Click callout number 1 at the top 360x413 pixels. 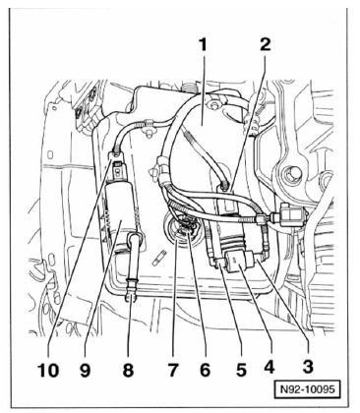point(204,45)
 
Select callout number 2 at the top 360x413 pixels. point(266,44)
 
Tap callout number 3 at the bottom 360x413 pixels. point(308,366)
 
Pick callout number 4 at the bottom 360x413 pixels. point(269,367)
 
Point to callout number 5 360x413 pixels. point(241,370)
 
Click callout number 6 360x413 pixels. point(205,370)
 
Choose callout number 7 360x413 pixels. point(173,371)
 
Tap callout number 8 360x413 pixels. point(128,371)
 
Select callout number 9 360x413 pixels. point(85,371)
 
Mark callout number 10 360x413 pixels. point(48,371)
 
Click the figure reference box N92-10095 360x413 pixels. point(306,389)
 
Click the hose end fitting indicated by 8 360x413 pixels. point(132,288)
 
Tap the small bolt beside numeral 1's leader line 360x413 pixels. point(215,105)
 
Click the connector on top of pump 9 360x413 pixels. point(117,169)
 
